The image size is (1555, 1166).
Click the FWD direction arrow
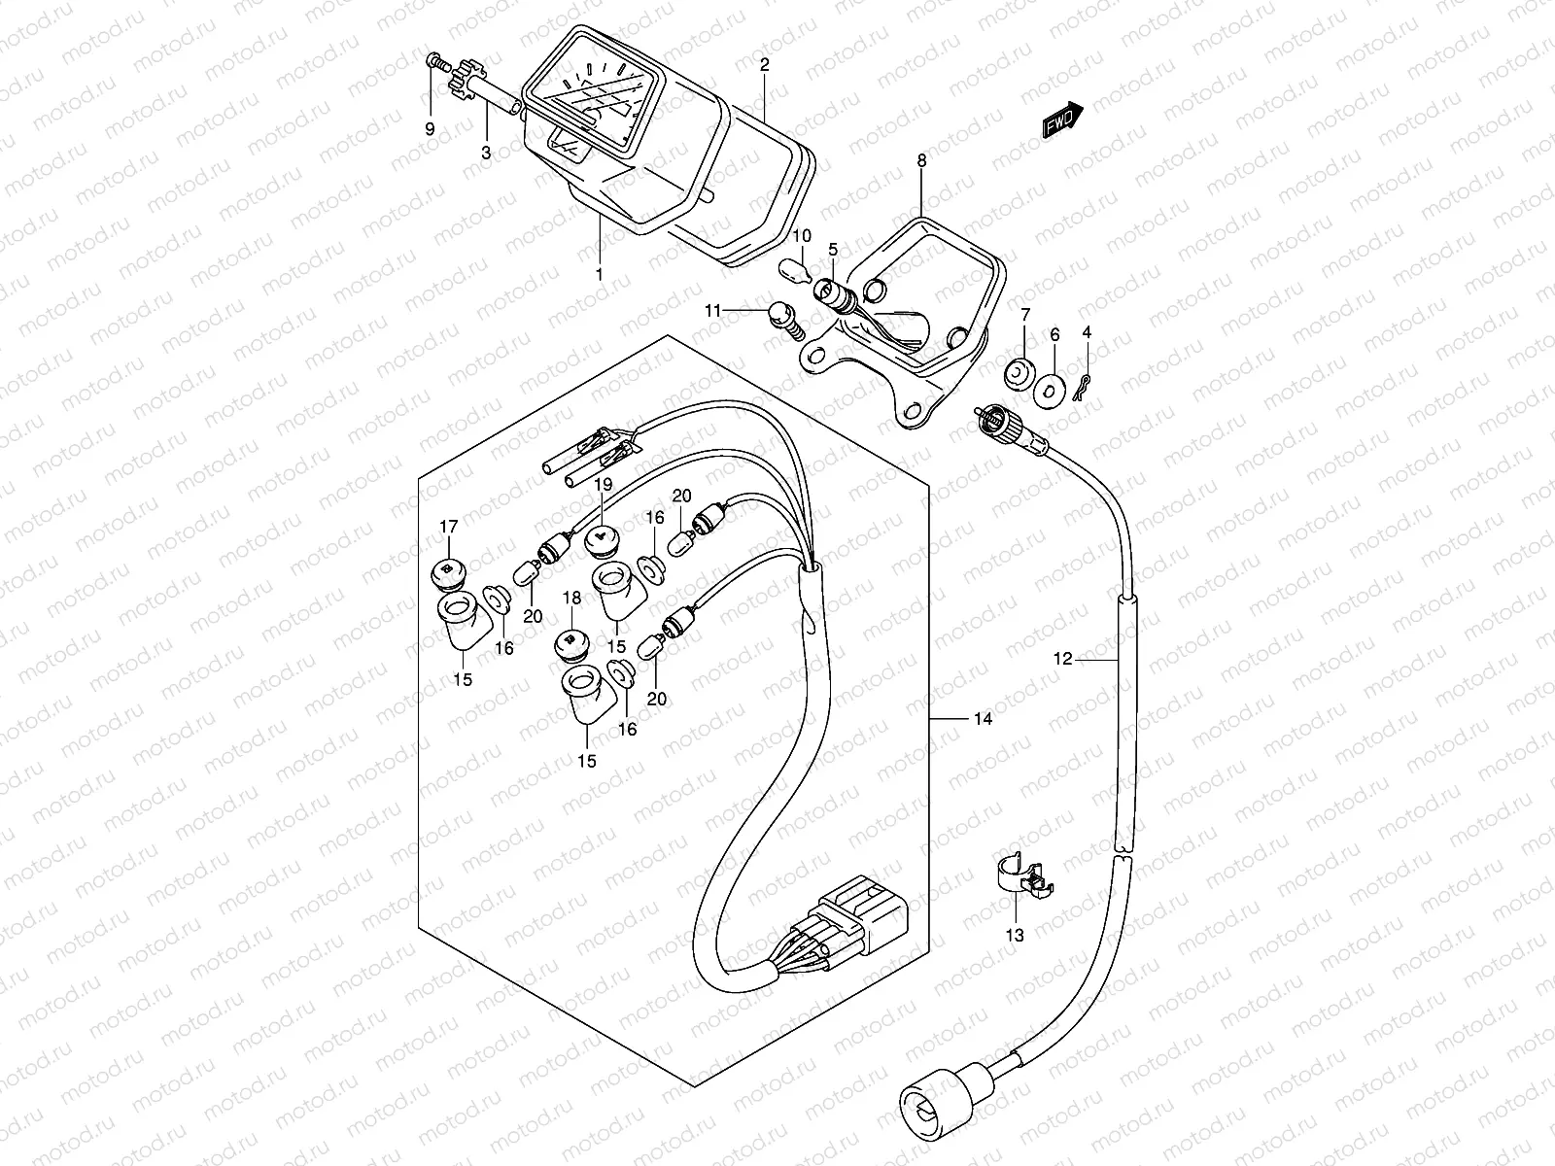(x=1063, y=121)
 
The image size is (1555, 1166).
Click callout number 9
(x=430, y=127)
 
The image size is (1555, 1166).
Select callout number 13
(x=1015, y=936)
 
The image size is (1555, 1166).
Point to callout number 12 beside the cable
(x=1062, y=659)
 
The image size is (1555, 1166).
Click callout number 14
(x=983, y=719)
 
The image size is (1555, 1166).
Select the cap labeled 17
(x=446, y=573)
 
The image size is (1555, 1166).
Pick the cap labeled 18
(x=570, y=642)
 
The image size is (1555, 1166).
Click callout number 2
(x=765, y=65)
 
